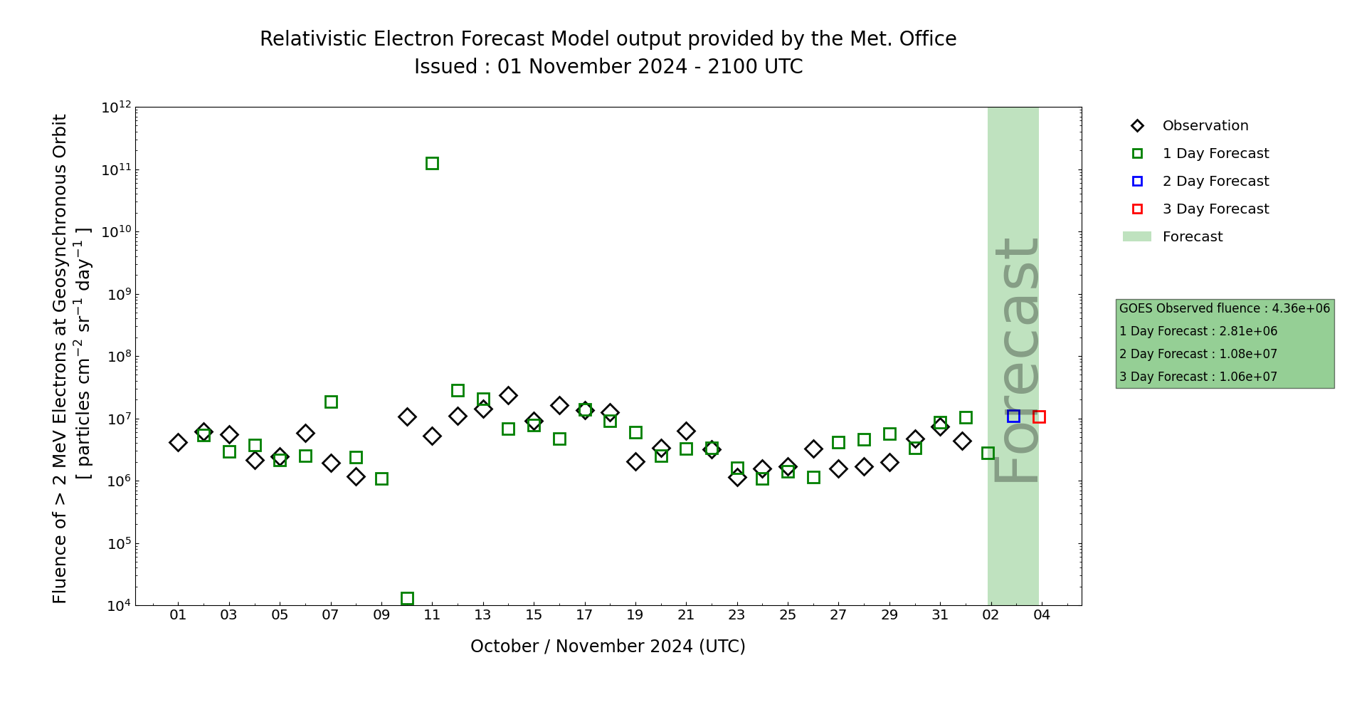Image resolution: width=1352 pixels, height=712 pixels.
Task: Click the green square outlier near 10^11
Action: (432, 163)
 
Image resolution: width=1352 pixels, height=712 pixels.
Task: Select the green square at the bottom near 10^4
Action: (407, 598)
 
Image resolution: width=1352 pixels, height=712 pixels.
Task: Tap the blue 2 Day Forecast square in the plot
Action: (1013, 416)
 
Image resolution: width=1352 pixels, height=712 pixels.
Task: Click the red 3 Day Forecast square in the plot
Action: (1039, 417)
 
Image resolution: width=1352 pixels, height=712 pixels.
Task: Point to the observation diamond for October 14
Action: (508, 395)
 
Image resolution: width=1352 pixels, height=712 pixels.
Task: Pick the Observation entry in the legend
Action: (1205, 126)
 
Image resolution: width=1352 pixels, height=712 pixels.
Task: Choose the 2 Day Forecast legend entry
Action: (1215, 182)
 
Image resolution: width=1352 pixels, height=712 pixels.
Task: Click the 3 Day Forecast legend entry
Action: (1215, 209)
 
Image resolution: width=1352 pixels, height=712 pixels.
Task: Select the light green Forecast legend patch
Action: (1137, 236)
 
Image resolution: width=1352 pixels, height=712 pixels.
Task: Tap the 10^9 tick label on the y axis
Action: (117, 294)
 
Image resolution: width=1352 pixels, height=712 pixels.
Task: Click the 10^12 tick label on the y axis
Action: (117, 108)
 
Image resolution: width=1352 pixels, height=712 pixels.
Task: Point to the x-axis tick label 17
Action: (584, 615)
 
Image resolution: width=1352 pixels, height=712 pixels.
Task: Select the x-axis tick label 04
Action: (1042, 615)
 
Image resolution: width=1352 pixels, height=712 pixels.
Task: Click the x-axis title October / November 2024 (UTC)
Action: (608, 646)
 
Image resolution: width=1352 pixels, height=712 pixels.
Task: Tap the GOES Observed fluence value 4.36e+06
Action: (1301, 308)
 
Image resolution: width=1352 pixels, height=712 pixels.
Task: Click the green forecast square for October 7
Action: (331, 402)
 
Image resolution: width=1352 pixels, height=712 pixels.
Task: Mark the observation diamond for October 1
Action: (178, 442)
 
